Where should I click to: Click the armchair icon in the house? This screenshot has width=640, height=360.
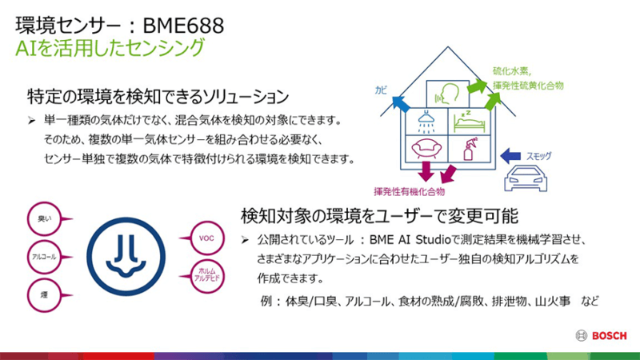tap(424, 150)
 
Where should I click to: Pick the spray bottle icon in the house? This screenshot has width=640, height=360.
tap(466, 148)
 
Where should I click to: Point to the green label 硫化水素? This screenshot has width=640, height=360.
tap(507, 70)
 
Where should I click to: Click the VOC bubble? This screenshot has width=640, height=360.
tap(206, 238)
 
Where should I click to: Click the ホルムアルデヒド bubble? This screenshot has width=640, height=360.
tap(207, 276)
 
